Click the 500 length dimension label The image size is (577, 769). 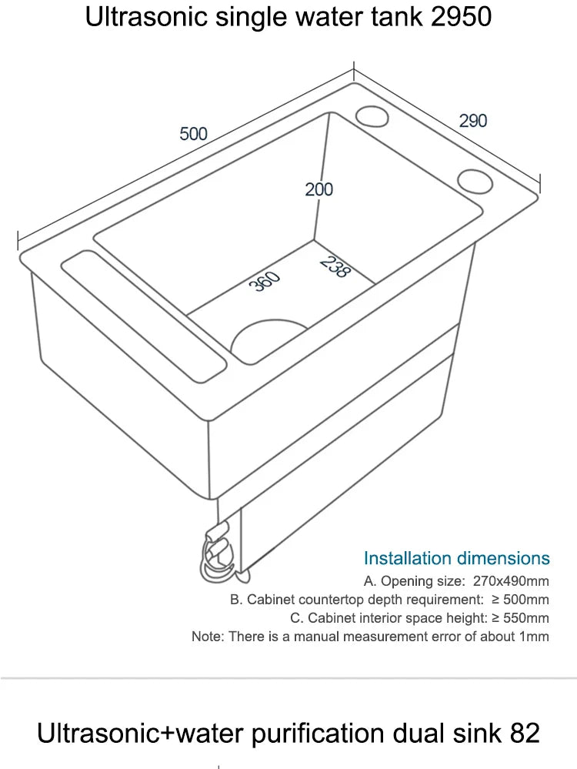(193, 133)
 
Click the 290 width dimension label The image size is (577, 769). (473, 121)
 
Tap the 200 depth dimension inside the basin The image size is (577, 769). (319, 189)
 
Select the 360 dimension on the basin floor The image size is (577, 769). (265, 282)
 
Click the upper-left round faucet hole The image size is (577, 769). (373, 115)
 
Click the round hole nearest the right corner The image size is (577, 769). (475, 182)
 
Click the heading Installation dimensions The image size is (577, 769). (456, 558)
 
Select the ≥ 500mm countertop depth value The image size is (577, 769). (519, 600)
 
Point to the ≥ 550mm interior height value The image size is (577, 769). (519, 618)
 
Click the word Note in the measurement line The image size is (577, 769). (205, 637)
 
